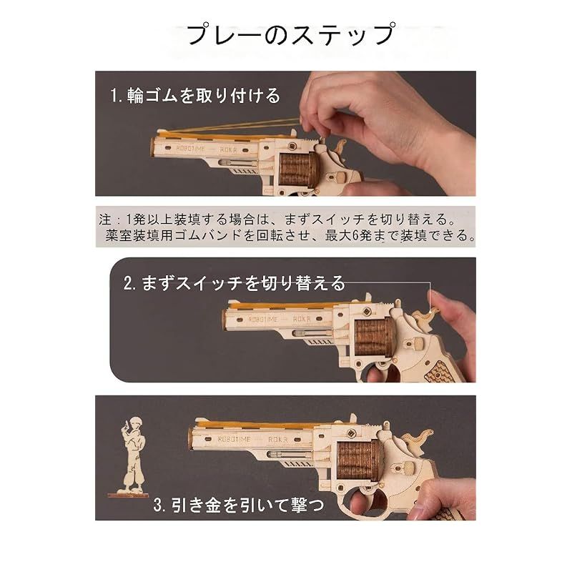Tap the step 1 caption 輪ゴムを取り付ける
tap(204, 96)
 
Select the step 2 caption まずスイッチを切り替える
tap(243, 283)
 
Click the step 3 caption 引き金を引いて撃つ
tap(247, 505)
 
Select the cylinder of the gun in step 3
tap(360, 459)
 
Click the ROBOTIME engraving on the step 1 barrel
tap(190, 149)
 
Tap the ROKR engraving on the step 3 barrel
tap(278, 440)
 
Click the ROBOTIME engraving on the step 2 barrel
tap(263, 320)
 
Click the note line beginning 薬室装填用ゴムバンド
tap(290, 235)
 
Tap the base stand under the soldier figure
tap(128, 494)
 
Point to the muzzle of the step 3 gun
tap(192, 438)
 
